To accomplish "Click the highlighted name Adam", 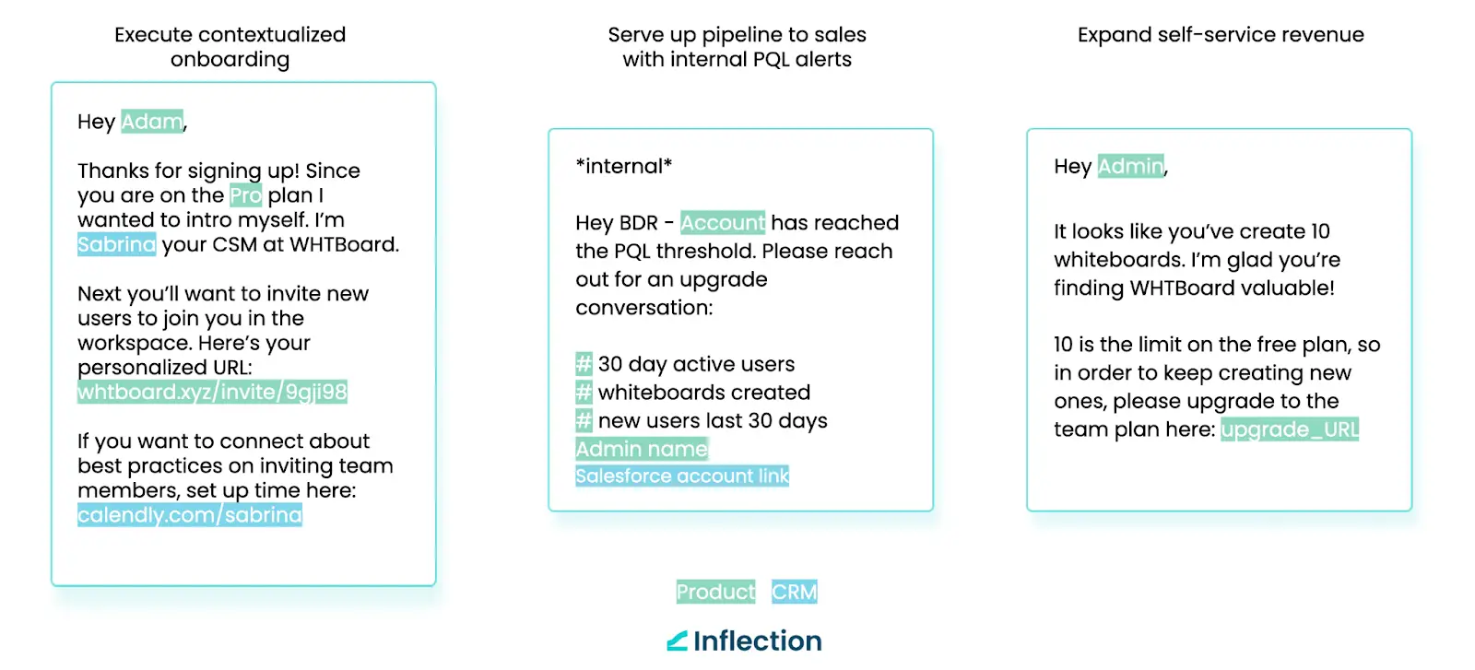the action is [x=152, y=121].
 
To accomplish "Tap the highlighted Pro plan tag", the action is [x=245, y=194].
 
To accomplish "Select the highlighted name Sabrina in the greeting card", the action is [x=116, y=244].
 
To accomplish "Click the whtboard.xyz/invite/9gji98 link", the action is [x=212, y=392].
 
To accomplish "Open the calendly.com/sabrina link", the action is [x=190, y=514].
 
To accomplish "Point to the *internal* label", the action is [x=623, y=166].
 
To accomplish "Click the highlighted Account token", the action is [x=723, y=222].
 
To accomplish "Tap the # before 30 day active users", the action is [x=584, y=363].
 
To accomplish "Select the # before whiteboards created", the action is [x=584, y=392].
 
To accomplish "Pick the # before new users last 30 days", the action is [x=584, y=420].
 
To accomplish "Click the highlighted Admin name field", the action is [x=642, y=449].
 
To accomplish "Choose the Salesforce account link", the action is [x=682, y=476].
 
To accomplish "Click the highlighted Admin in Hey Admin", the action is [x=1130, y=166].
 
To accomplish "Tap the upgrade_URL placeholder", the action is [x=1290, y=429].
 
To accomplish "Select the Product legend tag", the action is [x=715, y=592].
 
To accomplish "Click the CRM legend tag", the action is [x=794, y=592].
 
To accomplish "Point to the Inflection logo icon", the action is [x=677, y=641].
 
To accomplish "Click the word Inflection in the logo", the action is [x=757, y=641].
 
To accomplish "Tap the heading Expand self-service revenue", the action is [x=1221, y=34].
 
